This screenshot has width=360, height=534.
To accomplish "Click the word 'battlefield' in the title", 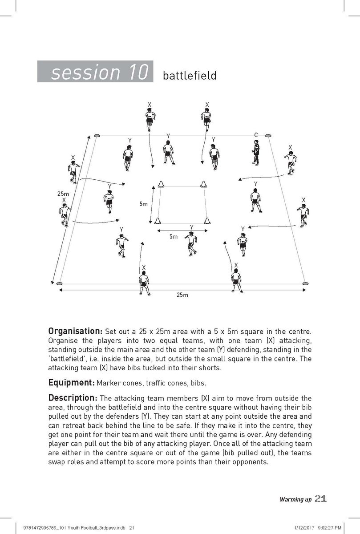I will (x=190, y=75).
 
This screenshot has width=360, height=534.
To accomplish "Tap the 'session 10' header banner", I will (x=96, y=72).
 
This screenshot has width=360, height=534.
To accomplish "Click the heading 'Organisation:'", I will (x=75, y=332).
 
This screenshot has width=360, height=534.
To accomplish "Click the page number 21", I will (x=321, y=499).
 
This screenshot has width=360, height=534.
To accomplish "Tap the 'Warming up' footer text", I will (x=295, y=500).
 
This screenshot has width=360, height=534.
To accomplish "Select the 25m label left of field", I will (x=63, y=194).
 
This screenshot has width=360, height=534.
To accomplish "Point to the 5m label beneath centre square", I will (x=173, y=237).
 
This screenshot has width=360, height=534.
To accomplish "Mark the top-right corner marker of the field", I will (x=268, y=135).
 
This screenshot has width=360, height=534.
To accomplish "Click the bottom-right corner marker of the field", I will (x=305, y=283).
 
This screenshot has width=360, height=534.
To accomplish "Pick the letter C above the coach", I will (x=256, y=135).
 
